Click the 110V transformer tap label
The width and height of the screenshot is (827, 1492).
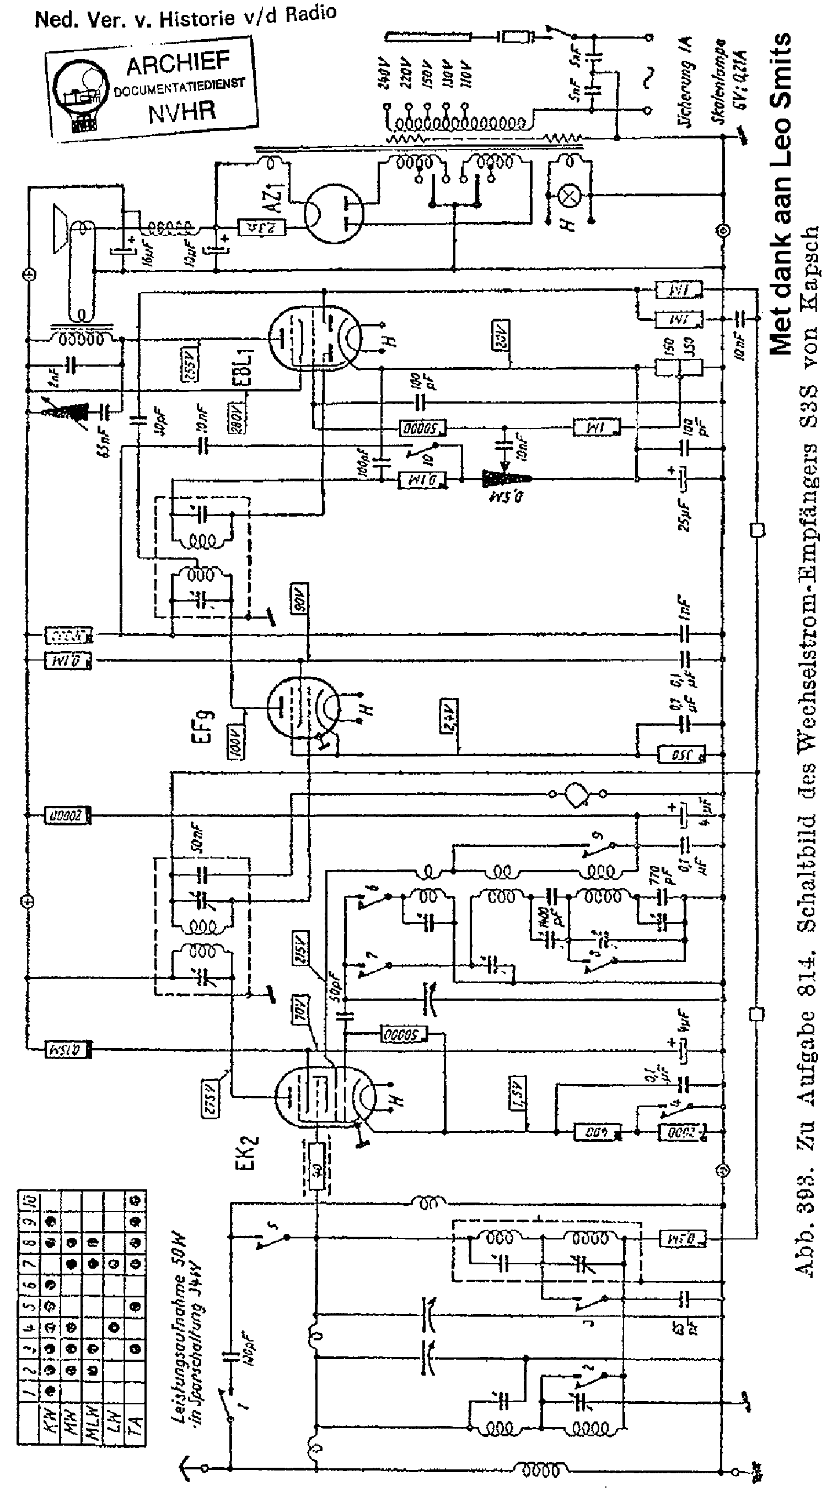[x=464, y=73]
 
